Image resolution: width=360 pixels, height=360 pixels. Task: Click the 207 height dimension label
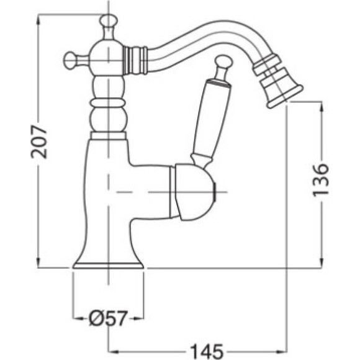tap(38, 142)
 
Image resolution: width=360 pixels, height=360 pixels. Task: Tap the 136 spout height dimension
tap(321, 180)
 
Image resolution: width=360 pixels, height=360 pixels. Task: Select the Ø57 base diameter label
tap(108, 318)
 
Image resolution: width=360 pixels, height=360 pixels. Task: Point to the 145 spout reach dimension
tap(207, 351)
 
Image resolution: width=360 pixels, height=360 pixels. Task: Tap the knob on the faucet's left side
tap(70, 60)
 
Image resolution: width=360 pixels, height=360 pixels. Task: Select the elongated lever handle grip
tap(211, 118)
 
